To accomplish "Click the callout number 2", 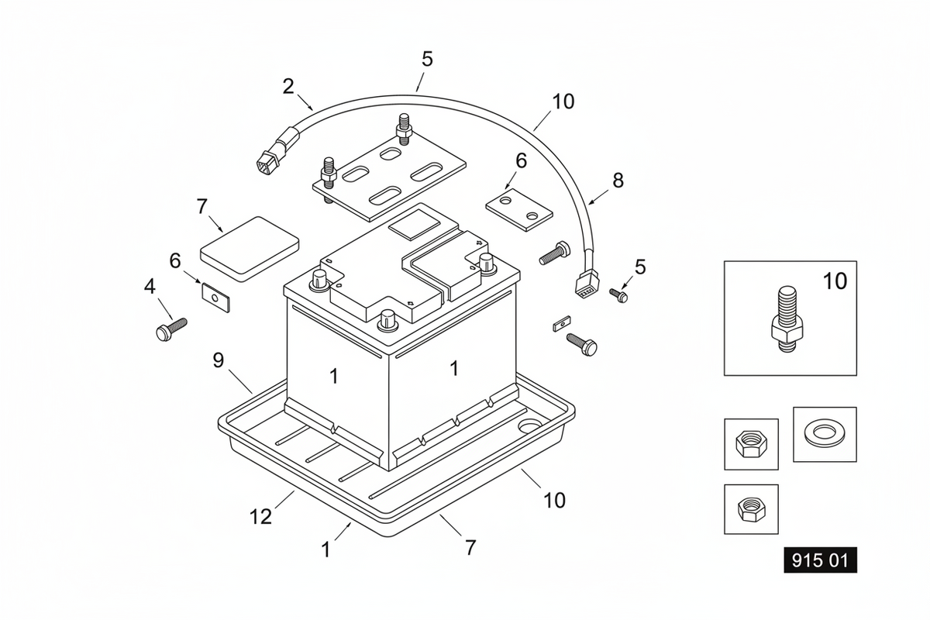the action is [288, 87].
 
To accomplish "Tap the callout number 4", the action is [150, 287].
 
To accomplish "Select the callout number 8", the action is [618, 181].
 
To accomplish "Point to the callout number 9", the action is [219, 360].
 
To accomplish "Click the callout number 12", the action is [260, 517].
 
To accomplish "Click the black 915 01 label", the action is [820, 560].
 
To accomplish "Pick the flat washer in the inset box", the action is [824, 433].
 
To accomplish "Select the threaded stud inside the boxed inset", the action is [787, 319].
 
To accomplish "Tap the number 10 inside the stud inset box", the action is [835, 281].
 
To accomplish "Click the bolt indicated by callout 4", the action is [171, 329].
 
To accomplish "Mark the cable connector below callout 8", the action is [587, 283].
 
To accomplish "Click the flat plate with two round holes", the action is [519, 210].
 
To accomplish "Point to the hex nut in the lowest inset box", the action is [751, 509].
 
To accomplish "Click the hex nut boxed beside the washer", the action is [751, 444].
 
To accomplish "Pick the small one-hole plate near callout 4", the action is [216, 298].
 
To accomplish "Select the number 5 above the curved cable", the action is [427, 59].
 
